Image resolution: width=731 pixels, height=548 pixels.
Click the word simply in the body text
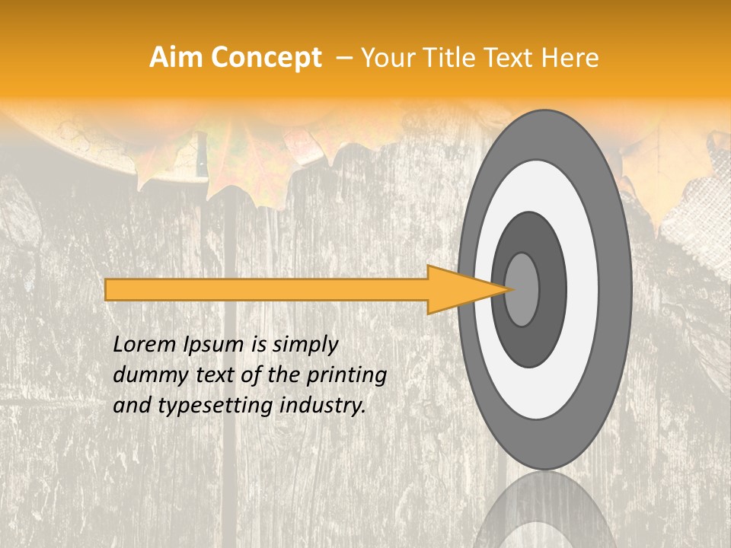[x=305, y=345]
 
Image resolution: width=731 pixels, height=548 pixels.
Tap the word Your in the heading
[x=385, y=58]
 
